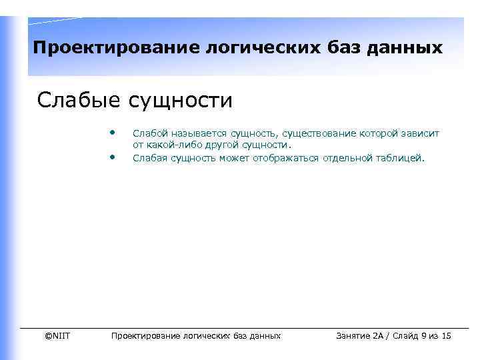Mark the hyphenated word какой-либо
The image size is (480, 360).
pyautogui.click(x=169, y=145)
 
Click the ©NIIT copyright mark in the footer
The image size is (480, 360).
pyautogui.click(x=57, y=336)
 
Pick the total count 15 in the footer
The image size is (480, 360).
pyautogui.click(x=446, y=336)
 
